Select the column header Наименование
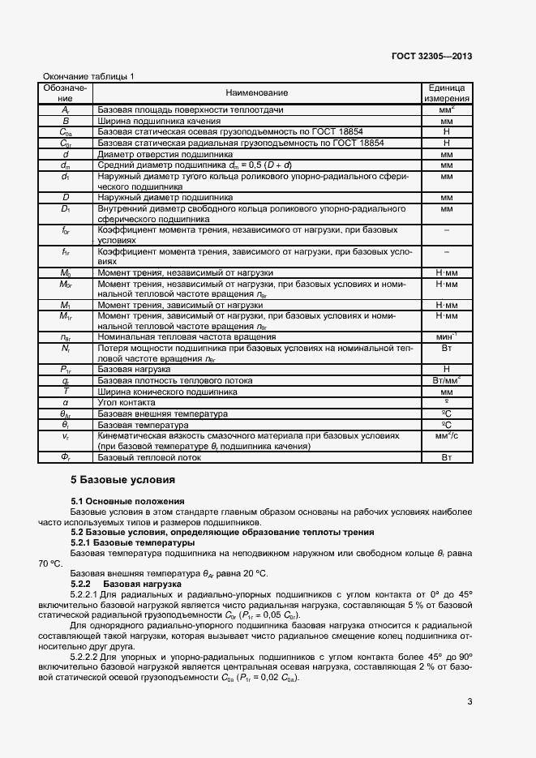257,93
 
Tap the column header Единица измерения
445,92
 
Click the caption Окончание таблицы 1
88,76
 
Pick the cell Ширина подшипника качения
152,120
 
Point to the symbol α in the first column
66,402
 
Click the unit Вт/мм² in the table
445,379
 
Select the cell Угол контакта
126,402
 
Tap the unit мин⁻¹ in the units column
445,336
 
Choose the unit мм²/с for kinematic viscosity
445,435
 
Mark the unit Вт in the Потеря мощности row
445,347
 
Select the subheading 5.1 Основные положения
127,502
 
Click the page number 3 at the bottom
470,702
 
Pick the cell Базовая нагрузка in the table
134,369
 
